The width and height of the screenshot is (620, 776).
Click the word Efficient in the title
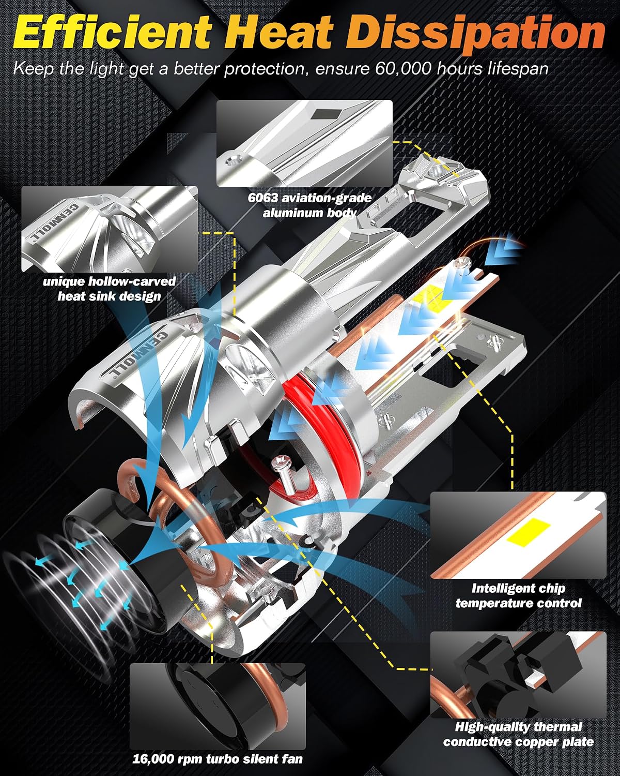pos(113,31)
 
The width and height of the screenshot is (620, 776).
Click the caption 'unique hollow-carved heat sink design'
pos(109,289)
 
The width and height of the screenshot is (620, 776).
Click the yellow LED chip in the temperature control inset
pos(529,531)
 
